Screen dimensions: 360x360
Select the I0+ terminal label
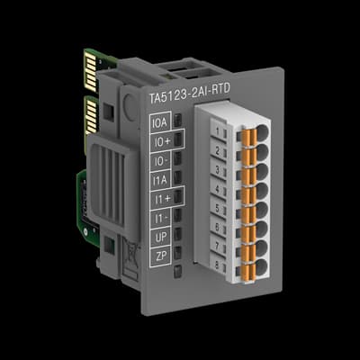click(x=160, y=139)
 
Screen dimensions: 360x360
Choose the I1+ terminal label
click(x=160, y=198)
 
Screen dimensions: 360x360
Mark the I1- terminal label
click(x=160, y=218)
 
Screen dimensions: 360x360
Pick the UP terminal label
click(x=161, y=238)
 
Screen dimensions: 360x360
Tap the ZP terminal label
click(x=161, y=257)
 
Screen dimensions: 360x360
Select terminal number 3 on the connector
click(x=219, y=168)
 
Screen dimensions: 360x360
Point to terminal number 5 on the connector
click(x=220, y=206)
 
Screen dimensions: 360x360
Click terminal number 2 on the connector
click(x=218, y=149)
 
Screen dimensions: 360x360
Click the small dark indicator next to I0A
click(x=179, y=120)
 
